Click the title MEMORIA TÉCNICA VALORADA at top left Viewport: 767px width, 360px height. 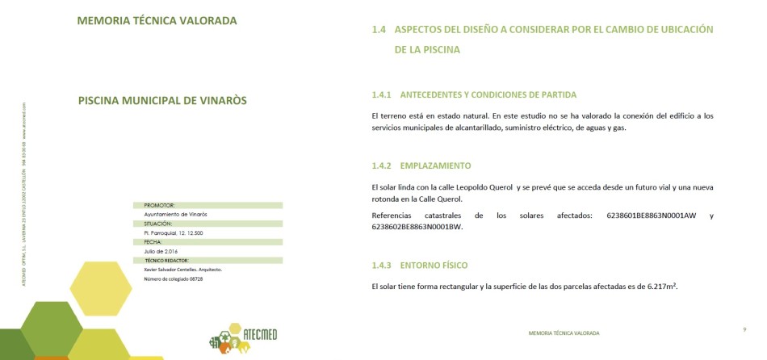click(157, 21)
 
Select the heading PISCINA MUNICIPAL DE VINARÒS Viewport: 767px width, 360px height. click(162, 101)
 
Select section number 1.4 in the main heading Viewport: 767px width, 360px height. click(379, 30)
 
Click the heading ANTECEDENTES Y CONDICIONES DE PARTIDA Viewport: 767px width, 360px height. click(488, 94)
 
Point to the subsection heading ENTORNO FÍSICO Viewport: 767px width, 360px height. click(434, 266)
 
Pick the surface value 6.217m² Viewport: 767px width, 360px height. click(661, 287)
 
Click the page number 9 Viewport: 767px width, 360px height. click(744, 329)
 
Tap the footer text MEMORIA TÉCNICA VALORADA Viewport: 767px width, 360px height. click(564, 333)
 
